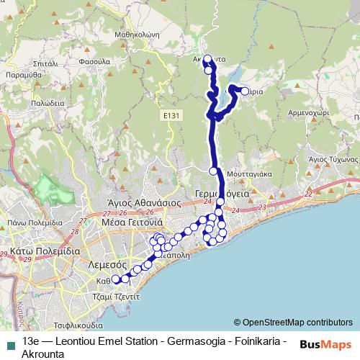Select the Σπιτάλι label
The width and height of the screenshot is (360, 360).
[x=45, y=63]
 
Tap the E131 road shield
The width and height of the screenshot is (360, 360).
[x=171, y=114]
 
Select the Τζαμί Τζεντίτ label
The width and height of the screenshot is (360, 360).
[x=111, y=296]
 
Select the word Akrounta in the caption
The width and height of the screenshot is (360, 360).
[x=44, y=354]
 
